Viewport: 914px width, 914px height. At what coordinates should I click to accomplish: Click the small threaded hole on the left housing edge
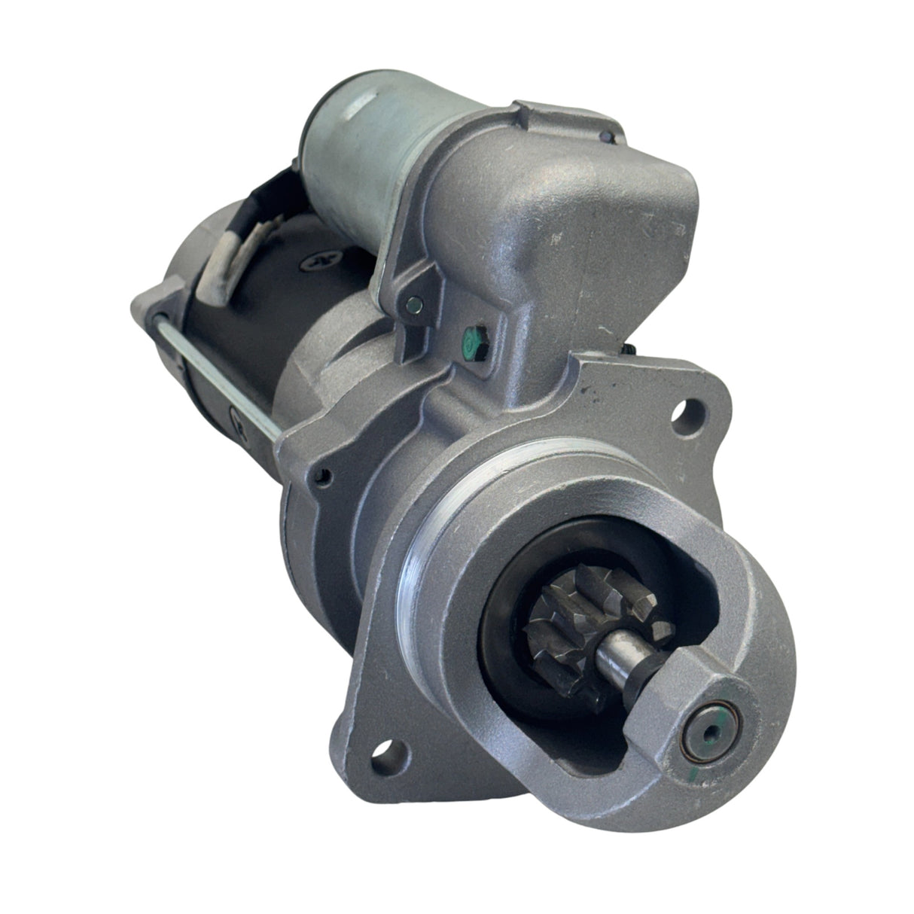[x=324, y=474]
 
